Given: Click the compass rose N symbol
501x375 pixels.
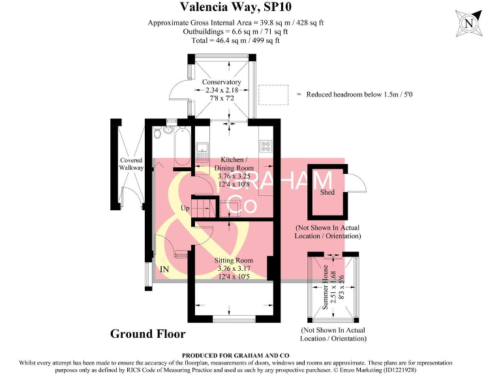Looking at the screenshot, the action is point(469,23).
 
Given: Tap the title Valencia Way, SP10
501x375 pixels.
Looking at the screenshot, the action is point(235,7).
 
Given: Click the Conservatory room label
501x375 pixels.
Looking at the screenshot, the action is point(221,82).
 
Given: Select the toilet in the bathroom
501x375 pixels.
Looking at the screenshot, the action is point(157,132).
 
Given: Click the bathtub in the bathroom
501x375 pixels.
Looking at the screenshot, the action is point(182,146).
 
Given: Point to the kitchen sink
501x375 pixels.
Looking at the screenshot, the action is point(202,152).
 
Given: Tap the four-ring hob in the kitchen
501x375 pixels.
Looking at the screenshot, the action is point(266,146).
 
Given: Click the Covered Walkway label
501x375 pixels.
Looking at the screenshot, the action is point(131,164).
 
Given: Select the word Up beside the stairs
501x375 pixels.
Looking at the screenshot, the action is point(185,208).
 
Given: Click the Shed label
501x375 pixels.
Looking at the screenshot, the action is point(327,192).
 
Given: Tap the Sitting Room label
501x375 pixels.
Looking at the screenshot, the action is point(234,260).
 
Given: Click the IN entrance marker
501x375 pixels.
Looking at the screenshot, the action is point(164,269).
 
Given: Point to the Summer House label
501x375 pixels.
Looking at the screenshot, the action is point(326,287).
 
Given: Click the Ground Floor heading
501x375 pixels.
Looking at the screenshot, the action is point(147,334).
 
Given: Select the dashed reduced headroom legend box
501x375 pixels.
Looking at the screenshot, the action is point(273,94).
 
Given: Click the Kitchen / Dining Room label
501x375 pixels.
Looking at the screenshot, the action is point(234,163).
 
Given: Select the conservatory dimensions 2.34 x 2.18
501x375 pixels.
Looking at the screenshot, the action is point(222,90).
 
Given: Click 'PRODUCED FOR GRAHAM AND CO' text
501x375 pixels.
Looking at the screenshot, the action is point(235,355).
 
